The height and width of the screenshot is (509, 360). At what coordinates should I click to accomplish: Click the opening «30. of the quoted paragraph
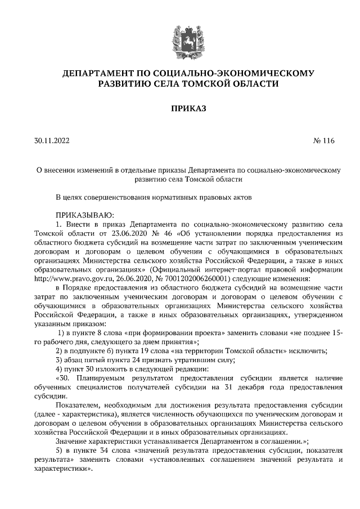click(65, 378)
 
